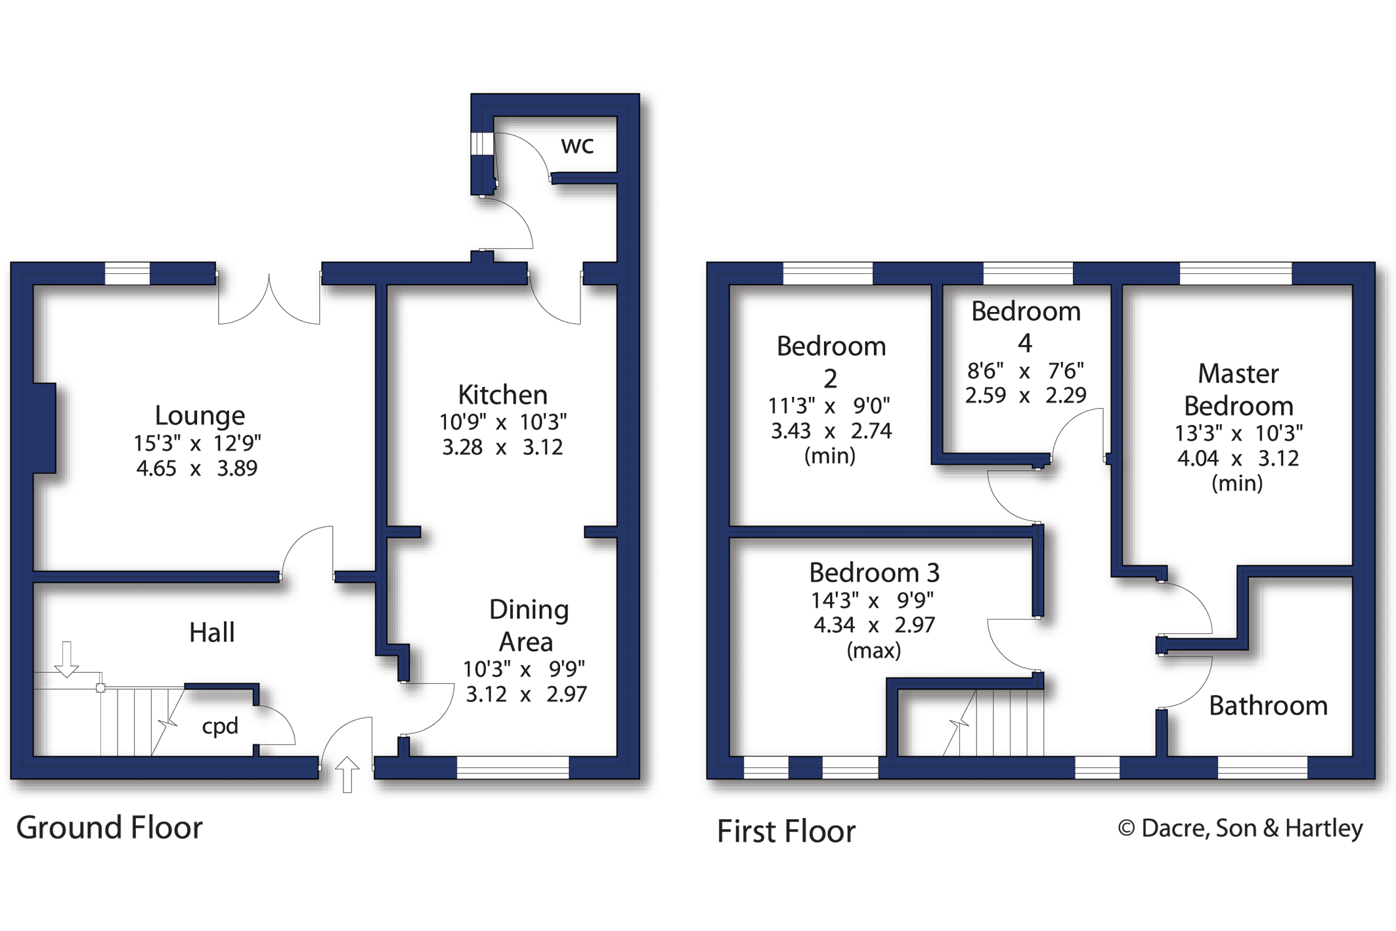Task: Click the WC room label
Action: coord(577,145)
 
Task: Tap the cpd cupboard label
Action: coord(219,726)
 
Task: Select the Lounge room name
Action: coord(200,415)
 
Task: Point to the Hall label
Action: coord(211,632)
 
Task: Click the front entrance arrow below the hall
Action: coord(347,774)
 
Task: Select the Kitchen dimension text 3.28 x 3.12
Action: coord(502,447)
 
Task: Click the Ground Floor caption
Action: coord(109,827)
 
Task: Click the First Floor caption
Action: coord(785,831)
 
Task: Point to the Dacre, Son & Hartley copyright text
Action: coord(1240,828)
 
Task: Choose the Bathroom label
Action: coord(1267,706)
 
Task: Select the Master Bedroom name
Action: coord(1238,390)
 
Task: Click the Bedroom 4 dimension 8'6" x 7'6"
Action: coord(1024,371)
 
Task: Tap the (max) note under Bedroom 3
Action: coord(873,650)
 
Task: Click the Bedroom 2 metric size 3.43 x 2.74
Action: coord(831,431)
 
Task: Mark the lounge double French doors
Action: coord(269,299)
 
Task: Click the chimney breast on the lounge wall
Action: coord(45,428)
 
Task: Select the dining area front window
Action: coord(512,767)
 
